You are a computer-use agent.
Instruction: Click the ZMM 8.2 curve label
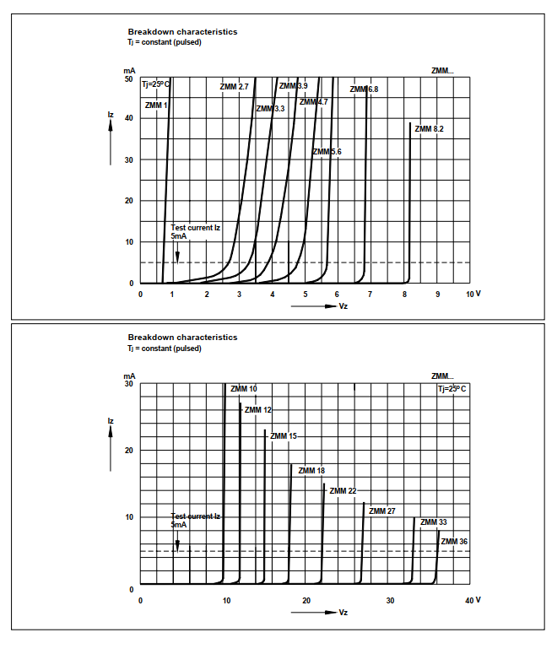pos(427,128)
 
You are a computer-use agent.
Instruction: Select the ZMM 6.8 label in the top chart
pos(365,89)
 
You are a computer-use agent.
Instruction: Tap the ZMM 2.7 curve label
pos(234,87)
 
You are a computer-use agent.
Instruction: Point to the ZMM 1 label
pos(156,105)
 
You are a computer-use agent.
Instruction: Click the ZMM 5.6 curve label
pos(327,152)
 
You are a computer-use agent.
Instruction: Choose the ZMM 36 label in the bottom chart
pos(454,541)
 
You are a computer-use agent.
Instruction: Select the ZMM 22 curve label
pos(343,491)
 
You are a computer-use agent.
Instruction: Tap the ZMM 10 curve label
pos(244,389)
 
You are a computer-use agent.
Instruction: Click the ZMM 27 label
pos(382,511)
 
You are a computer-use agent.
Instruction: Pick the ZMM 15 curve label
pos(281,436)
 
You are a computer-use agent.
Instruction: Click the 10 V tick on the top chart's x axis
pos(473,294)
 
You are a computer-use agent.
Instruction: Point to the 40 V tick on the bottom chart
pos(473,600)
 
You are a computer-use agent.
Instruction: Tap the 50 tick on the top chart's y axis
pos(129,78)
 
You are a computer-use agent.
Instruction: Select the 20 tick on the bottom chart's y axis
pos(129,451)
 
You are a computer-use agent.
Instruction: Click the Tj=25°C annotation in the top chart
pos(155,84)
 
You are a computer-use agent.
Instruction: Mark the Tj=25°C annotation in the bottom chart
pos(452,389)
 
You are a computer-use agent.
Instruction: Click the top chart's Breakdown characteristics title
pos(182,32)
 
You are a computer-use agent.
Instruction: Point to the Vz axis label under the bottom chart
pos(343,612)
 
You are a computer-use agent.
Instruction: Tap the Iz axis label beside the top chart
pos(111,114)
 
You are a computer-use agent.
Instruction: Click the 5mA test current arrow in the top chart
pos(177,253)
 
